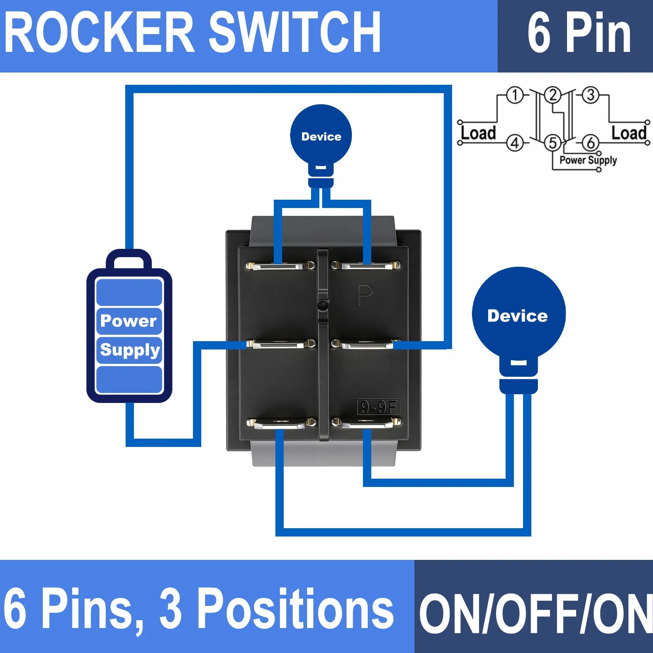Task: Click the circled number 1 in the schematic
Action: pyautogui.click(x=515, y=95)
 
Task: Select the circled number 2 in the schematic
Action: pyautogui.click(x=553, y=95)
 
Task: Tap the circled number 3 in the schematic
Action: pyautogui.click(x=590, y=95)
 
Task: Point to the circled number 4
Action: pyautogui.click(x=515, y=143)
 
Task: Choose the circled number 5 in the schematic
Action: pyautogui.click(x=553, y=143)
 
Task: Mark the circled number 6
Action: pyautogui.click(x=590, y=143)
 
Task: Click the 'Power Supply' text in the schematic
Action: pyautogui.click(x=588, y=160)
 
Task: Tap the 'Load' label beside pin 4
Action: pyautogui.click(x=478, y=133)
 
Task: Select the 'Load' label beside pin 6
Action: pyautogui.click(x=629, y=133)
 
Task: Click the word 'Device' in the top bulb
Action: pyautogui.click(x=321, y=137)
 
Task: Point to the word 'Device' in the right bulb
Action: pyautogui.click(x=517, y=316)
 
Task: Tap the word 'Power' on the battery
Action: pyautogui.click(x=128, y=321)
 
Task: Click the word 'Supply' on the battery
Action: pyautogui.click(x=130, y=350)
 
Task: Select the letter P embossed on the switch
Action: pyautogui.click(x=364, y=295)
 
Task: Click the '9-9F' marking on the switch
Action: pyautogui.click(x=378, y=407)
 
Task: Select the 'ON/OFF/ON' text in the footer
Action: pyautogui.click(x=536, y=615)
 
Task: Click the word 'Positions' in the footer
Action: pyautogui.click(x=295, y=609)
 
